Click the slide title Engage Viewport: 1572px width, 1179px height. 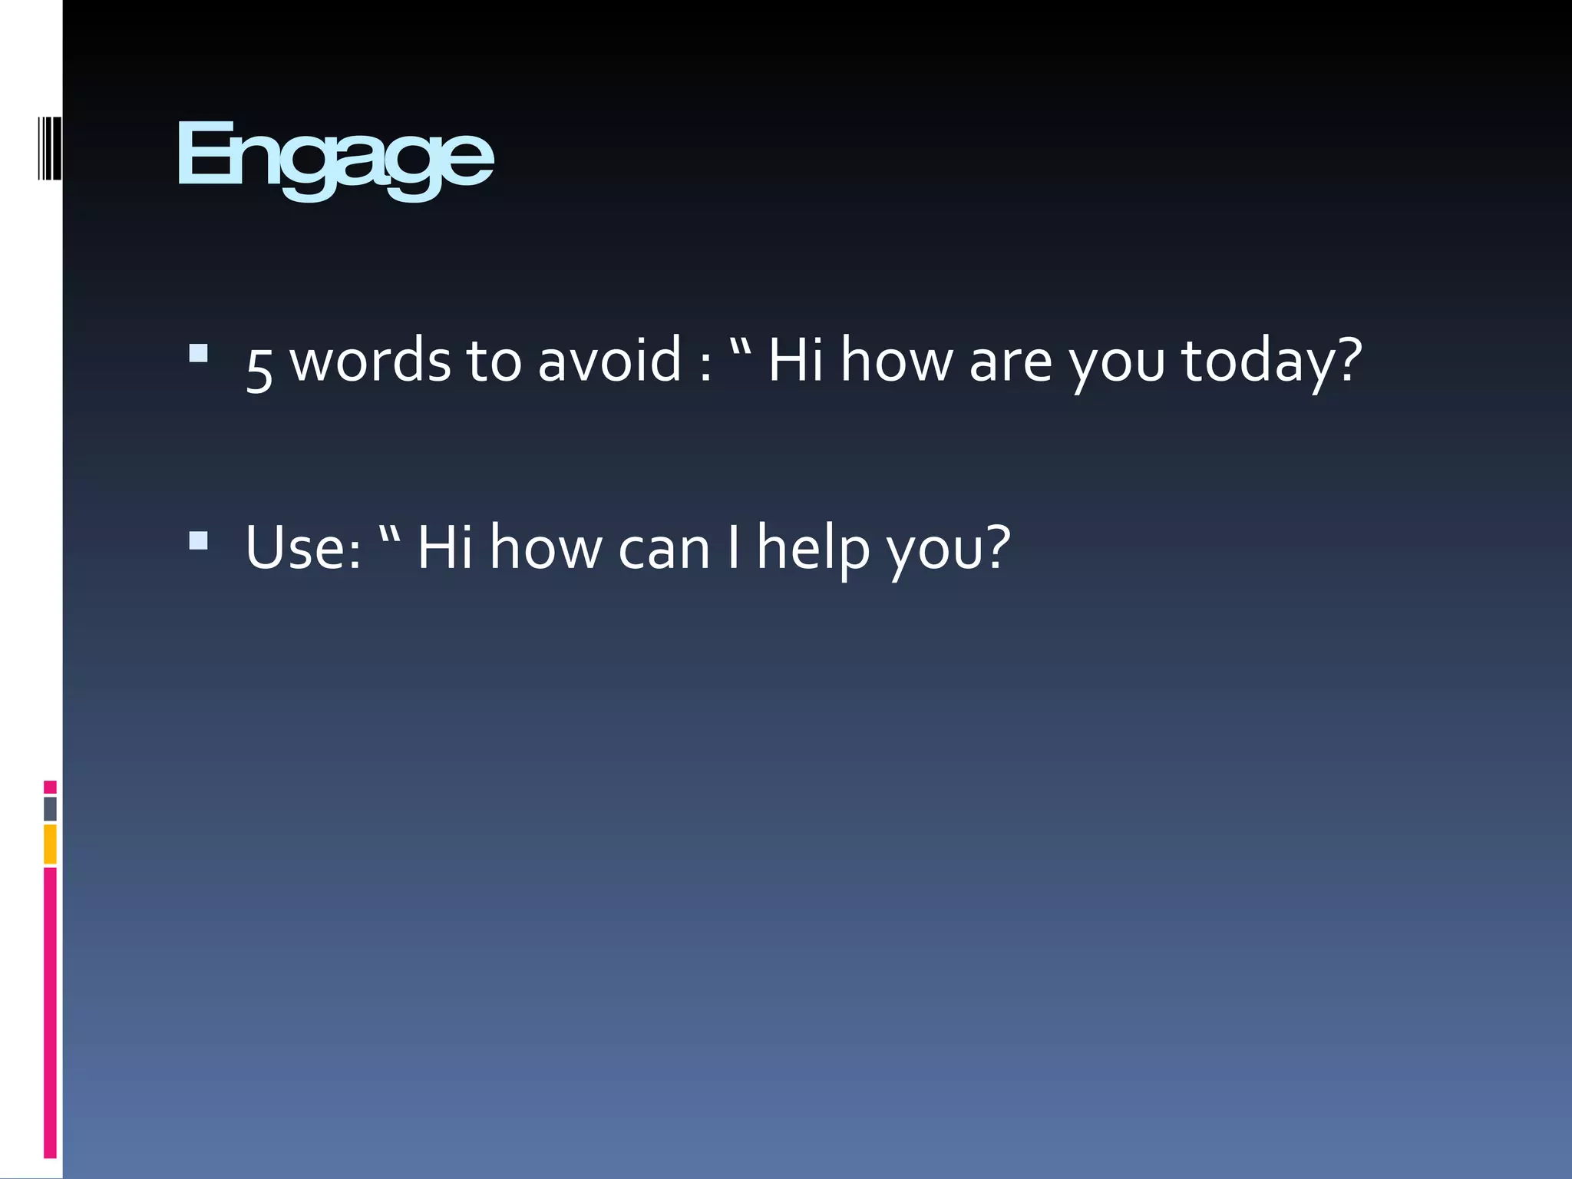pyautogui.click(x=335, y=157)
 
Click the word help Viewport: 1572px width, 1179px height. pyautogui.click(x=813, y=548)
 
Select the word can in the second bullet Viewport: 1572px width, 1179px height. pyautogui.click(x=664, y=550)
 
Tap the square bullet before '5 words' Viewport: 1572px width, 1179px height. pyautogui.click(x=198, y=352)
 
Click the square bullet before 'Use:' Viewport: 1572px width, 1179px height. pyautogui.click(x=198, y=540)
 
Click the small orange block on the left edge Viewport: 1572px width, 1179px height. pyautogui.click(x=50, y=844)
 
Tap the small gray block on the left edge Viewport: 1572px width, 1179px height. pyautogui.click(x=50, y=808)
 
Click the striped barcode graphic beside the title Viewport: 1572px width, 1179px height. pyautogui.click(x=50, y=148)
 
